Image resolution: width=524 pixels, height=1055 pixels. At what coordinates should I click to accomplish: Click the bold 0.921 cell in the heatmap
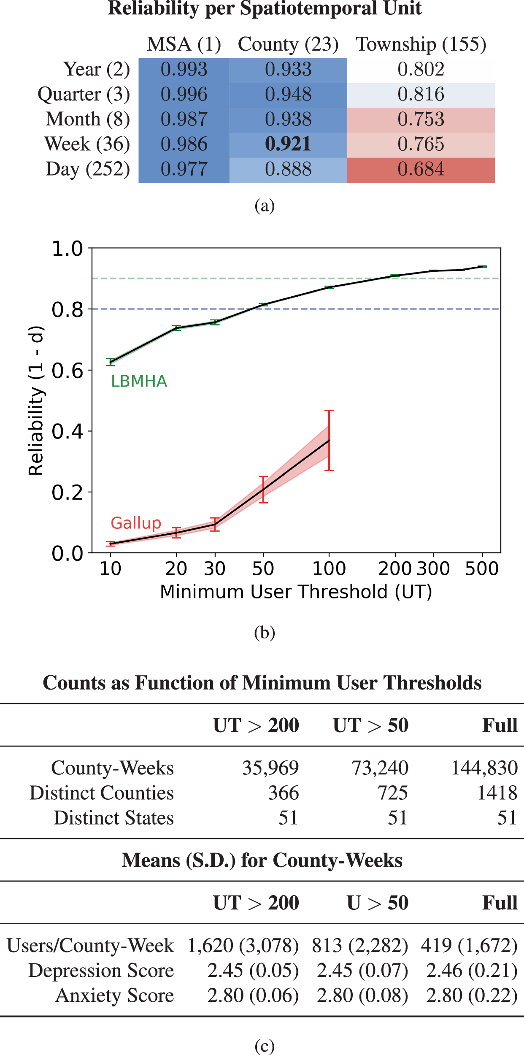pyautogui.click(x=288, y=144)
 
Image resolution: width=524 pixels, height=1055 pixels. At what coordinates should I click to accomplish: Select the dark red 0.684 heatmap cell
pyautogui.click(x=421, y=170)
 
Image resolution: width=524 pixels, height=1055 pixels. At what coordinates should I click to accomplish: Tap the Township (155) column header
pyautogui.click(x=421, y=44)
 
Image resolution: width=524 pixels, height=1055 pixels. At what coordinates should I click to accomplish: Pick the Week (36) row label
pyautogui.click(x=87, y=144)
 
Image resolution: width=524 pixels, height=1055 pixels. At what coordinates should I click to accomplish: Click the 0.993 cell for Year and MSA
pyautogui.click(x=184, y=70)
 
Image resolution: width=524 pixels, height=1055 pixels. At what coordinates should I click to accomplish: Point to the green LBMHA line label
pyautogui.click(x=139, y=381)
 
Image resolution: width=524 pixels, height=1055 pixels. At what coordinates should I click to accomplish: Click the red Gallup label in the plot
pyautogui.click(x=136, y=523)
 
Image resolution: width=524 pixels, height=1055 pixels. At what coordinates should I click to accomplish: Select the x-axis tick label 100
pyautogui.click(x=329, y=569)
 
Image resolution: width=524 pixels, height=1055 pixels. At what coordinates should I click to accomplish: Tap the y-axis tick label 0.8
pyautogui.click(x=68, y=310)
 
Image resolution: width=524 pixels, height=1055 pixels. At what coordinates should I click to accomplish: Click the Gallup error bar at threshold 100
pyautogui.click(x=329, y=440)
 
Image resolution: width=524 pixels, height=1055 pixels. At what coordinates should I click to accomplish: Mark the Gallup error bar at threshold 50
pyautogui.click(x=263, y=490)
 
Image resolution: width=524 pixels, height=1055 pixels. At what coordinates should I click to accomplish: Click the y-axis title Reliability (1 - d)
pyautogui.click(x=36, y=401)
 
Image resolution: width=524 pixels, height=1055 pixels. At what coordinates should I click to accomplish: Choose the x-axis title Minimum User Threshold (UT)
pyautogui.click(x=296, y=592)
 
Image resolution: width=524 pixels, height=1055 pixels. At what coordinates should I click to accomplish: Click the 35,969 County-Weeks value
pyautogui.click(x=270, y=768)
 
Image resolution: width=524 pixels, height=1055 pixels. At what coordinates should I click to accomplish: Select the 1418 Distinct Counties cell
pyautogui.click(x=497, y=793)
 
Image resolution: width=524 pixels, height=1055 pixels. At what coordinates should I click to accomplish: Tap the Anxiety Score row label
pyautogui.click(x=115, y=995)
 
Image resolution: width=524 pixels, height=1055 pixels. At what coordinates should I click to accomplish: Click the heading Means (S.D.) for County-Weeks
pyautogui.click(x=262, y=860)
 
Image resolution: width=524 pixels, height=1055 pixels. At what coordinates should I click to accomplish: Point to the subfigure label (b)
pyautogui.click(x=265, y=632)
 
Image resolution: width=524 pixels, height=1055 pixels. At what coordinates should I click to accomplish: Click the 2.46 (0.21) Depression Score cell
pyautogui.click(x=472, y=971)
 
